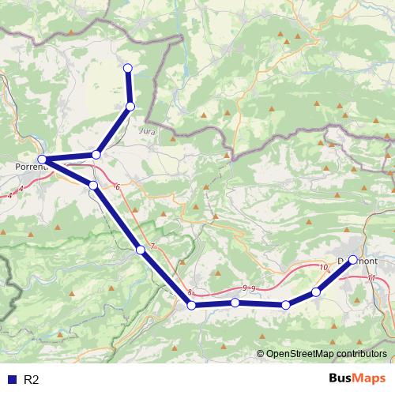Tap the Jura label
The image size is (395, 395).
(147, 130)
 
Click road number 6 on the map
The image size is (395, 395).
(117, 186)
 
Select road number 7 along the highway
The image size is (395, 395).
(152, 248)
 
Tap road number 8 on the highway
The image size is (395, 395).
(190, 292)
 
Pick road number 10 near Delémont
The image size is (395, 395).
(322, 268)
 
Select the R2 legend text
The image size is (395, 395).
(32, 379)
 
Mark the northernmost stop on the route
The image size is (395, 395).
(128, 67)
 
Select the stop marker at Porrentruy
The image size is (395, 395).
(43, 160)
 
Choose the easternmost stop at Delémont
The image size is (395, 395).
(352, 259)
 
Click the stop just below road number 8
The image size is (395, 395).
(191, 304)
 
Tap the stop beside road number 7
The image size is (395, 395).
(141, 250)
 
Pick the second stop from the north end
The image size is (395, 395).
(130, 106)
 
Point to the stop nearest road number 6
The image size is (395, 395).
(93, 185)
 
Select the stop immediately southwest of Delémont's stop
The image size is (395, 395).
(316, 292)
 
